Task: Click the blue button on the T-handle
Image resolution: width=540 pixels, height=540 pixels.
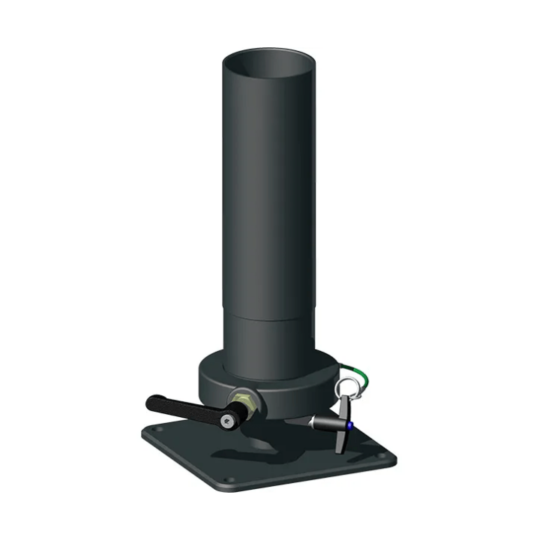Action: click(349, 425)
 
